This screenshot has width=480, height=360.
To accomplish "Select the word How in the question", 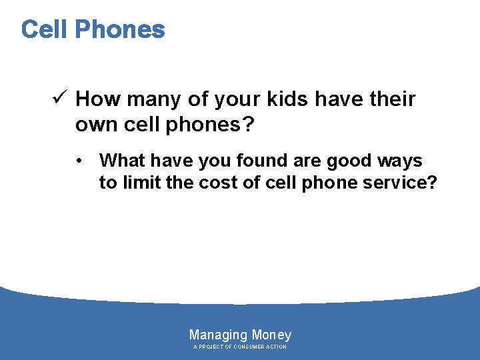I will pos(97,99).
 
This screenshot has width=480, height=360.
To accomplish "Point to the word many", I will pos(149,99).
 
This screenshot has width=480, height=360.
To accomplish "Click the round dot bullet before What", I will pos(79,161).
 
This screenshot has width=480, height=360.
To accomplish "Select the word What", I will pos(121,161).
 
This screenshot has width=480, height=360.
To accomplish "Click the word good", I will pos(347,161).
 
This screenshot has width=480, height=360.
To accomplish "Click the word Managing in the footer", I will pos(219,335).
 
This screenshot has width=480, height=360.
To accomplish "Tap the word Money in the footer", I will pos(271,335).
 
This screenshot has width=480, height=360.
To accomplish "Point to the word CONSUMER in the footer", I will pos(247,347).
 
